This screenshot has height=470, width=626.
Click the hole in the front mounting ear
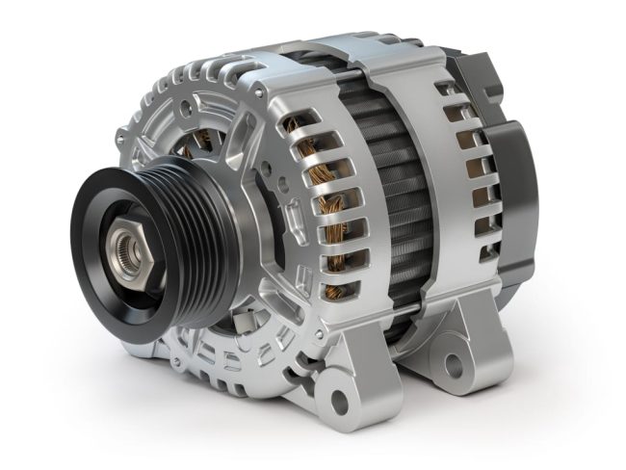coord(338,397)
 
